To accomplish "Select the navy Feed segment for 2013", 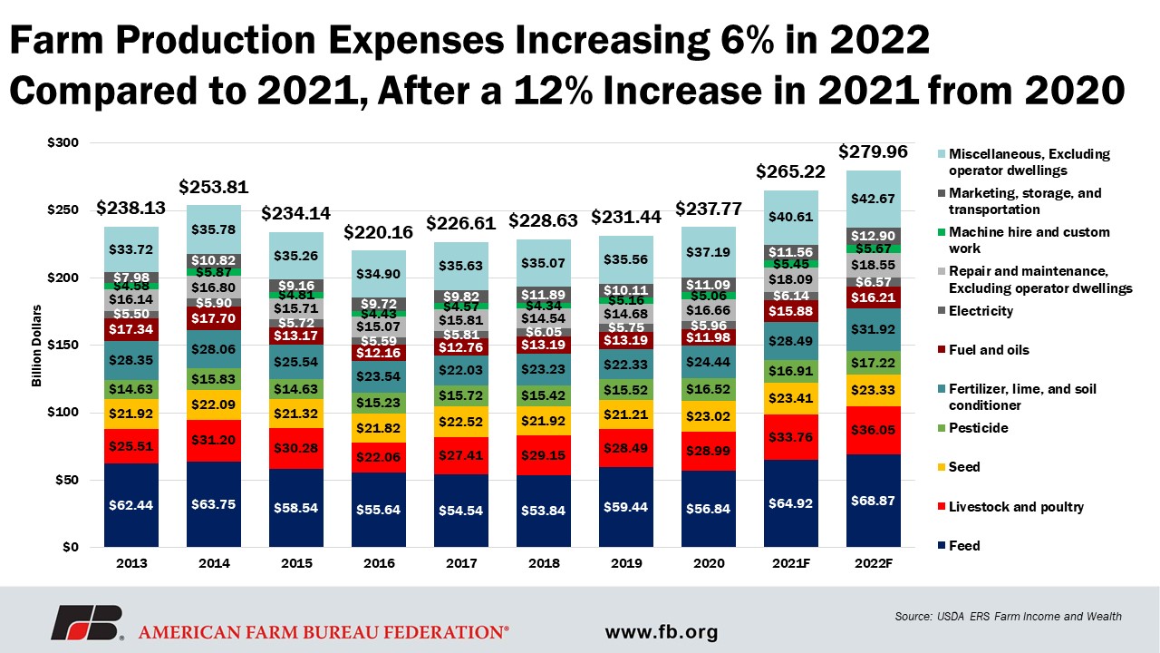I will pos(132,505).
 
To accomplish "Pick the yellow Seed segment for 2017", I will pos(462,422).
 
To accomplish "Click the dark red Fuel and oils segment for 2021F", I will pos(792,311).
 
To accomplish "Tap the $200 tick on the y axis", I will pos(68,278).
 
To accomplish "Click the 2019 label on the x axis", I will pos(627,562).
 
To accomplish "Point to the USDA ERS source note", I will pos(1007,617).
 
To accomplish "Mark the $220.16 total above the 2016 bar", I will pos(380,232).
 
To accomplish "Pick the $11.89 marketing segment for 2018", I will pos(545,295).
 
